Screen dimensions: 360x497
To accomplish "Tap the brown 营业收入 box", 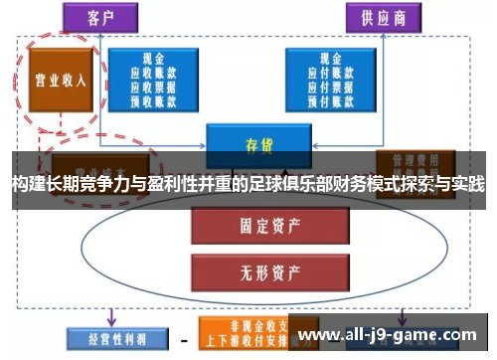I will (61, 80).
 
